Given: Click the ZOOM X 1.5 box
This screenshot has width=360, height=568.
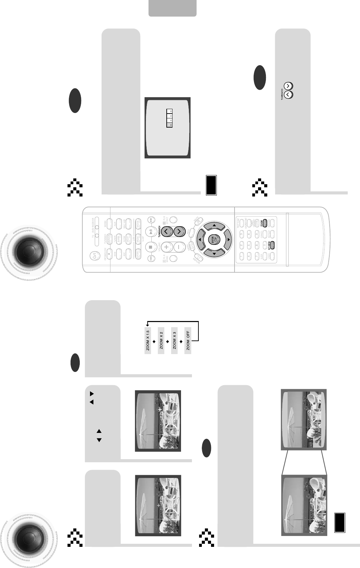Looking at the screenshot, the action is click(148, 340).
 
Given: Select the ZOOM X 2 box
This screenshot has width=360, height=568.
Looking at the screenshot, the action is click(161, 340).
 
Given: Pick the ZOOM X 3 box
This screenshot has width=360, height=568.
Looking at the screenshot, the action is click(174, 340).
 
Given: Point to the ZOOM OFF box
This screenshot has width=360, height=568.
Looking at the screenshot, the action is click(188, 340).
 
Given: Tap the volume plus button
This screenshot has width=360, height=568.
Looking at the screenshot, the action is click(167, 247).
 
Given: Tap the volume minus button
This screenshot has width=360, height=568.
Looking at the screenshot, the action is click(180, 247).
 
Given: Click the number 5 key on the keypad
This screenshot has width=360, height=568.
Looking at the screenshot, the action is click(249, 245).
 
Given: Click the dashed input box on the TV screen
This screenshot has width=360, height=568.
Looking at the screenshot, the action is click(169, 118).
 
